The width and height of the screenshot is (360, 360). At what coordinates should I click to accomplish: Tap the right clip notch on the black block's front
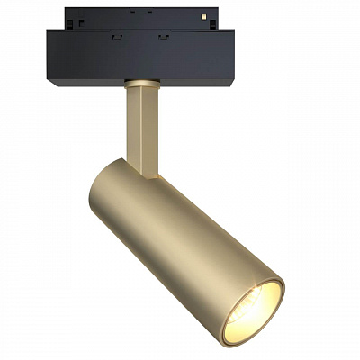pyautogui.click(x=163, y=37)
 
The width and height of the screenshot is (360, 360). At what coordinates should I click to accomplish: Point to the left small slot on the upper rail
pyautogui.click(x=78, y=21)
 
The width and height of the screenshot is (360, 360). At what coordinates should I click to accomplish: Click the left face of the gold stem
pyautogui.click(x=136, y=126)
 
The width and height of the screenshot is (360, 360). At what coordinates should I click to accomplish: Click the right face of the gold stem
pyautogui.click(x=150, y=126)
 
